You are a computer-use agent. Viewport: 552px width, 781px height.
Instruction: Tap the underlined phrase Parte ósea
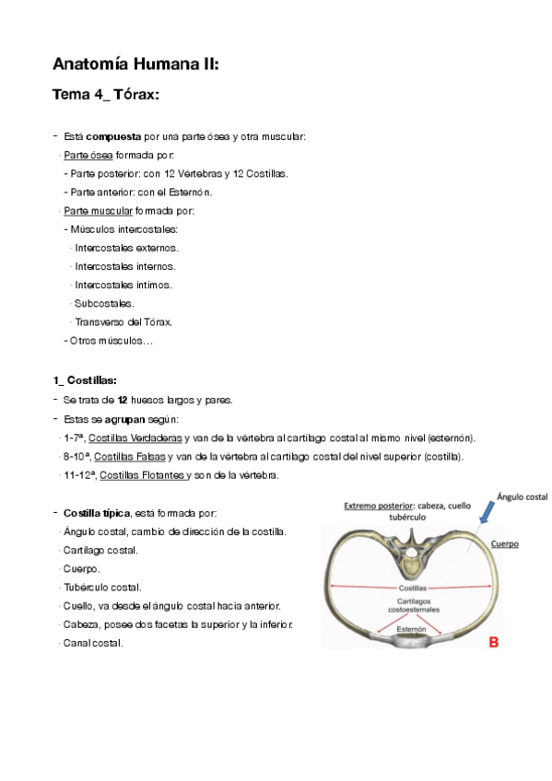88,155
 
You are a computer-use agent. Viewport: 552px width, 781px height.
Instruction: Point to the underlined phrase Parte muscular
98,211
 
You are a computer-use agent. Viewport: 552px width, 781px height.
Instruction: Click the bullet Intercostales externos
126,248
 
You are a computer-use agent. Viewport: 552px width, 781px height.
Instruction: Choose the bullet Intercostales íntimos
123,285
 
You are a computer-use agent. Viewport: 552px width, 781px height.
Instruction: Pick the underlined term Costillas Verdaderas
140,437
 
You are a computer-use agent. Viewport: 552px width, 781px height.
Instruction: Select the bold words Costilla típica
97,513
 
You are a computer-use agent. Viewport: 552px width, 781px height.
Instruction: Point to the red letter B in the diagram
493,643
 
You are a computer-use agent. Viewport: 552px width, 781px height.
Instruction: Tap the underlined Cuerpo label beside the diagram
503,544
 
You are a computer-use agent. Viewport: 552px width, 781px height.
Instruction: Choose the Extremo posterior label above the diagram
379,506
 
